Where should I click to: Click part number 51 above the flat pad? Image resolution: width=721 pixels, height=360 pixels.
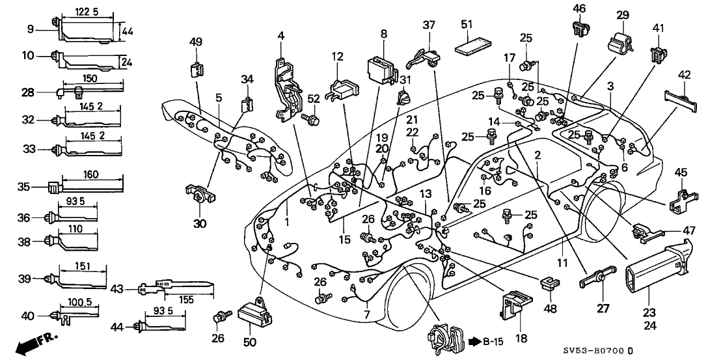[x=467, y=25]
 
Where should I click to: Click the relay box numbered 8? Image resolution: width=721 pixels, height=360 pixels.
[x=380, y=67]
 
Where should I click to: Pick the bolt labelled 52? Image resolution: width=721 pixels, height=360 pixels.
[x=312, y=119]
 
